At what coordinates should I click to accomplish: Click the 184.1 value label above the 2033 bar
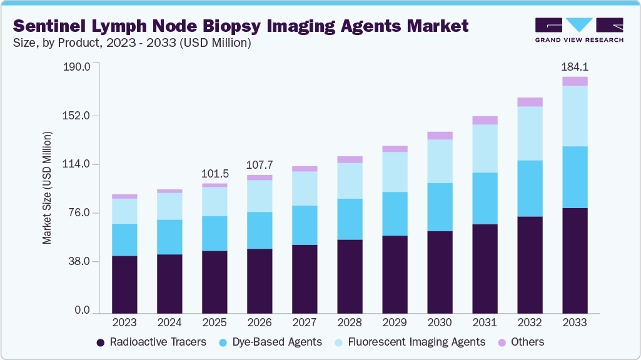575,66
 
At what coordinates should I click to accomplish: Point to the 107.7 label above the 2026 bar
260,166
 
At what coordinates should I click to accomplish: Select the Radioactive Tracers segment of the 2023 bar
124,284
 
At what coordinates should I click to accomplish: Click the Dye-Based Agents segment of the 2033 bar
575,177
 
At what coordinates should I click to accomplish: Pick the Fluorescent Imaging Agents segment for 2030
440,161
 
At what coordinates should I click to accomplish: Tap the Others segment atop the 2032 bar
530,102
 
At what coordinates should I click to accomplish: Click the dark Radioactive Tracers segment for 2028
350,276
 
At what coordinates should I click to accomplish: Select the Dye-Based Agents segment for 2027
305,225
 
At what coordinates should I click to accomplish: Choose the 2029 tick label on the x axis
395,323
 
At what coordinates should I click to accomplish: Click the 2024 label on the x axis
169,323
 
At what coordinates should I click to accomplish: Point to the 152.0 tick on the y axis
78,116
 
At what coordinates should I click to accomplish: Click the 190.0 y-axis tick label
78,66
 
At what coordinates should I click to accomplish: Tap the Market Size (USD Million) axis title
48,187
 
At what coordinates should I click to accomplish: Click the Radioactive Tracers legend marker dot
100,342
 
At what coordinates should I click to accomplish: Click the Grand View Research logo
578,29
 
